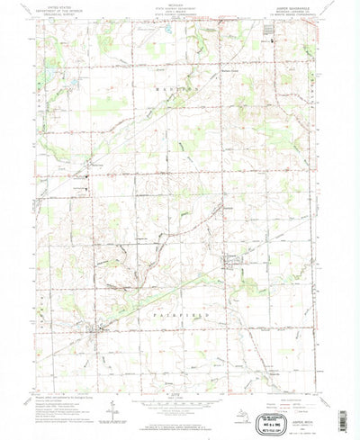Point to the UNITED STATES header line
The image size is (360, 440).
pyautogui.click(x=58, y=6)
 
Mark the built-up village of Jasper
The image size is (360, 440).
pyautogui.click(x=235, y=263)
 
